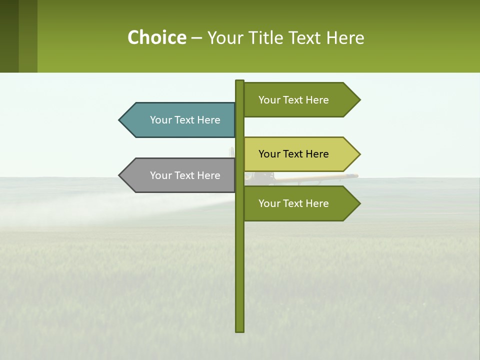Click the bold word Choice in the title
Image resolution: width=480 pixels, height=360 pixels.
pos(156,38)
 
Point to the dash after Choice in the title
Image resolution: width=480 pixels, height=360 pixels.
pos(196,38)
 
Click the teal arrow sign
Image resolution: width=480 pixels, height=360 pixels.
pos(180,120)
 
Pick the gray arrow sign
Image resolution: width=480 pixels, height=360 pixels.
pos(180,175)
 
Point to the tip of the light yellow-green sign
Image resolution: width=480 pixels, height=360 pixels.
pos(359,154)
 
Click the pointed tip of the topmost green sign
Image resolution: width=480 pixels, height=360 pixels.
pos(359,100)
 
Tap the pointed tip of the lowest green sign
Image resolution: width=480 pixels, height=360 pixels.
pos(359,203)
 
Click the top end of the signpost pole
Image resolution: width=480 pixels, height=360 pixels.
pos(239,81)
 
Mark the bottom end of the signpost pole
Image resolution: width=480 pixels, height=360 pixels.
pos(239,330)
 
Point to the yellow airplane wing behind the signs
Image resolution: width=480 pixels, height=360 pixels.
pos(320,176)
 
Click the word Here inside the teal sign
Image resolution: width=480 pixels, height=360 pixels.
pos(208,120)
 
